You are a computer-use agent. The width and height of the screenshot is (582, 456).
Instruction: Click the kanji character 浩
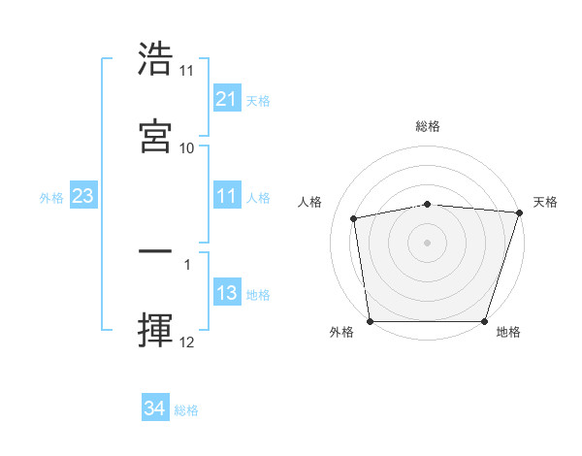156,59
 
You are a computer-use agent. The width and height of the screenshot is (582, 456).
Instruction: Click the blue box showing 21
226,99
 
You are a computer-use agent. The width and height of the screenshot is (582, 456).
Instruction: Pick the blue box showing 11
226,197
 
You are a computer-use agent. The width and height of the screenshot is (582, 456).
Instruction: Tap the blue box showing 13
226,294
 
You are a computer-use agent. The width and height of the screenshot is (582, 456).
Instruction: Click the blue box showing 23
83,197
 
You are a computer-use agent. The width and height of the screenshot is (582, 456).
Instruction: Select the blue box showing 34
154,408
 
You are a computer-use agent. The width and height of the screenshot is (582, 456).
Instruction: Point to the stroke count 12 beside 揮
187,342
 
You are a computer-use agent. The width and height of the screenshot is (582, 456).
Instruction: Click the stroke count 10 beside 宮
187,147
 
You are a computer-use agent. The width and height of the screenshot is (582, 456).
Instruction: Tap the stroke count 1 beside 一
187,263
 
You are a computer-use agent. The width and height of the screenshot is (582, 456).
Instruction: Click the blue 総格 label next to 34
186,410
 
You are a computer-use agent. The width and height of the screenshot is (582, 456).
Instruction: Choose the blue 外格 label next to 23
51,198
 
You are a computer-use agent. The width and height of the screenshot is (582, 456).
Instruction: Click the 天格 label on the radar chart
545,202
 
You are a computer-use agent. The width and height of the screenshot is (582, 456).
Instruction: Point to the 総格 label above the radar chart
428,126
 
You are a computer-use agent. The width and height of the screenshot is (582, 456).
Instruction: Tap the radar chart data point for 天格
518,212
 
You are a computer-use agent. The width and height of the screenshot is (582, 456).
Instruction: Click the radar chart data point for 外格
371,321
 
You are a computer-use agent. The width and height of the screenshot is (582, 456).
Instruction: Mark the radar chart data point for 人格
355,218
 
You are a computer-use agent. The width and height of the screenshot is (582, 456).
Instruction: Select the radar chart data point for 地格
484,321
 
